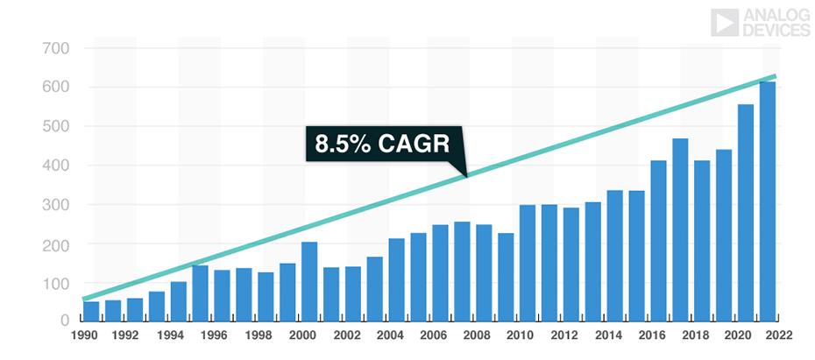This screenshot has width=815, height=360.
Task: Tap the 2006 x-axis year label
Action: click(433, 335)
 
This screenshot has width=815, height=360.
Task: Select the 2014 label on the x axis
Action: click(605, 335)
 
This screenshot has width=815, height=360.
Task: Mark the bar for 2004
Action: click(396, 279)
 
